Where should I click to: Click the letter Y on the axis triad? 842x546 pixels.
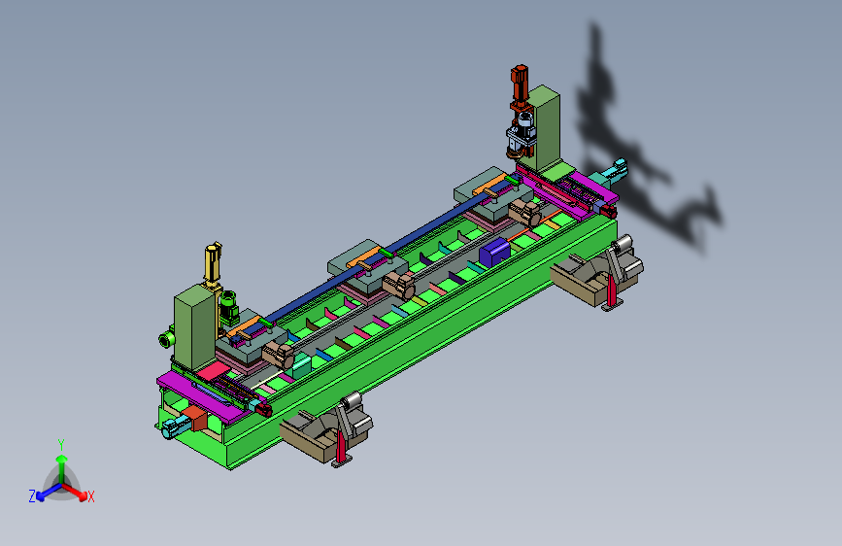(60, 445)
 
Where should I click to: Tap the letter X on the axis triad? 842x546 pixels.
(90, 496)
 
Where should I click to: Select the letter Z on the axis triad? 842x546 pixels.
(32, 496)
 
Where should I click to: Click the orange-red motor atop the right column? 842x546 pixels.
(520, 85)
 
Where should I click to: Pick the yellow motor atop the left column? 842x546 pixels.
(214, 264)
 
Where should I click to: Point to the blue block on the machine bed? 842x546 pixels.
(494, 252)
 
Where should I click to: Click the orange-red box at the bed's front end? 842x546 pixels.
(194, 418)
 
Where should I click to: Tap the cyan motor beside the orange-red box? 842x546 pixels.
(174, 427)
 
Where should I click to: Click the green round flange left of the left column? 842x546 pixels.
(166, 338)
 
